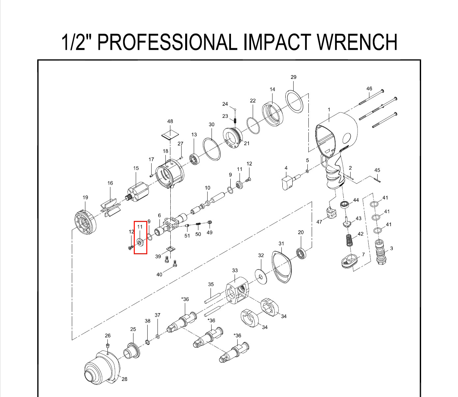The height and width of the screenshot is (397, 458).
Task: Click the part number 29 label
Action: click(x=293, y=77)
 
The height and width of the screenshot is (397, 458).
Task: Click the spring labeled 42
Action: click(x=349, y=240)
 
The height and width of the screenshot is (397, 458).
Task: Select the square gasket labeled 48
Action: click(x=170, y=135)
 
